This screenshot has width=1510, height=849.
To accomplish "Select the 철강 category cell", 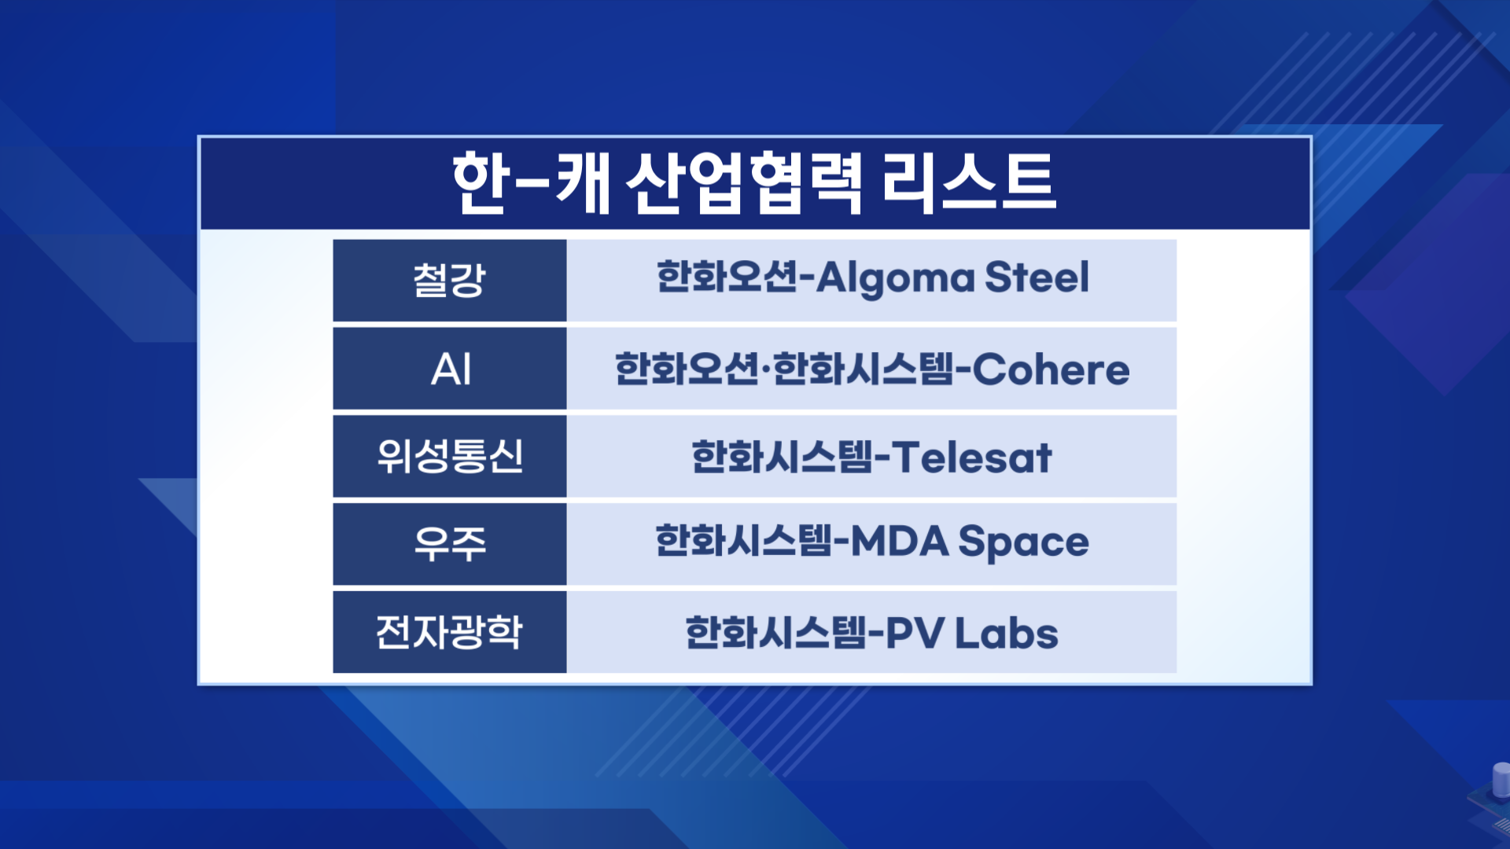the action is (450, 281).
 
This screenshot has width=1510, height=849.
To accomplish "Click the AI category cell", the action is (450, 369).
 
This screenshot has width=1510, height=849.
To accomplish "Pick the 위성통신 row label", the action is (450, 457).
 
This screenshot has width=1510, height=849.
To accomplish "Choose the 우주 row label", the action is (450, 544).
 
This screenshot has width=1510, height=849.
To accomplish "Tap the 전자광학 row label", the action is (450, 632).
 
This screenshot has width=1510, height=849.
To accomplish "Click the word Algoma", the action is (895, 280).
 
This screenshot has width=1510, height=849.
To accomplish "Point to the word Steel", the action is (1037, 277).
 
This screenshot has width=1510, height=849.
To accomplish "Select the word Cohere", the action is (1051, 369).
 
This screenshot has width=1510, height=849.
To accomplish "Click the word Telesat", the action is (971, 458).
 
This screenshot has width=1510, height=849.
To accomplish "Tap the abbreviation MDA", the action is (900, 542).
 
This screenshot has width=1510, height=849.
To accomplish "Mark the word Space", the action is (1023, 544).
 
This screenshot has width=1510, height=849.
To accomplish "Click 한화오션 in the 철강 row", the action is (727, 277).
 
